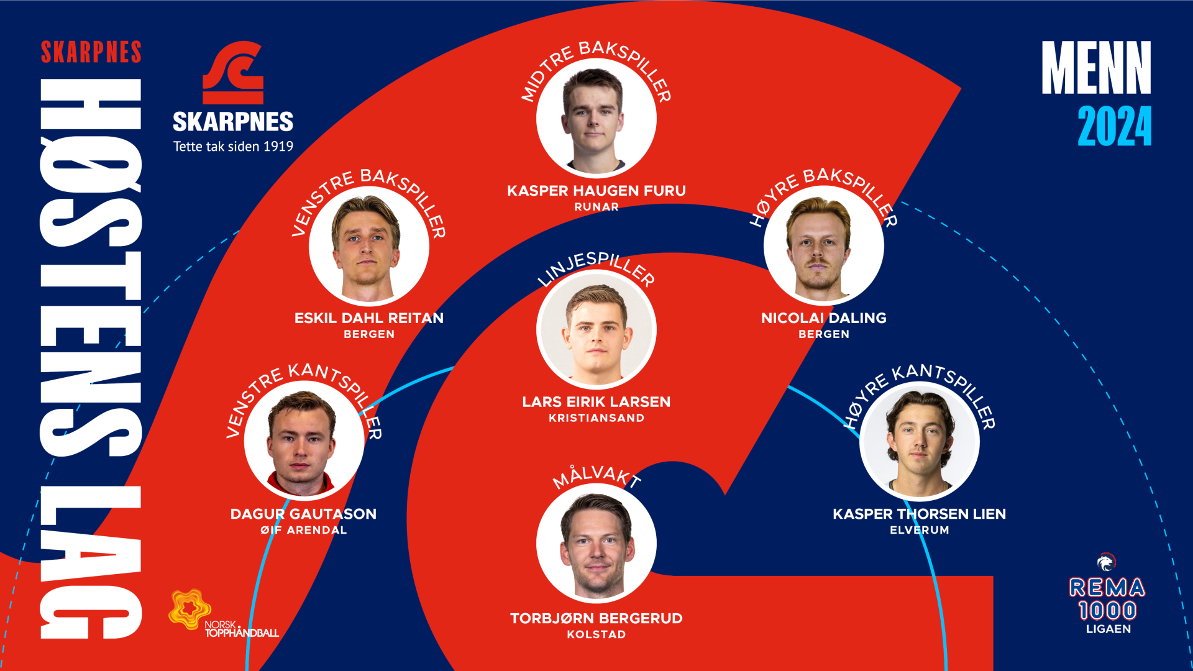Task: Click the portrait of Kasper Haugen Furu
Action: coord(596,118)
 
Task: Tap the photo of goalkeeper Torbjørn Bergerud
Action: coord(596,544)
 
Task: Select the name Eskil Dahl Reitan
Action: coord(369,318)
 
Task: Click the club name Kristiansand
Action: coord(596,418)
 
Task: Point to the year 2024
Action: coord(1114,127)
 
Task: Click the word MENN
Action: coord(1096,68)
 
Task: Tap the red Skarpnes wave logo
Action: coord(234,73)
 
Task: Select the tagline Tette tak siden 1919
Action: coord(233,147)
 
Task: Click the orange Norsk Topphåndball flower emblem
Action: coord(189,609)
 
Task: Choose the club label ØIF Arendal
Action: coord(304,530)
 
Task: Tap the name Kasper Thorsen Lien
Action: coord(919,514)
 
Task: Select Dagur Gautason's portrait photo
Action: coord(304,441)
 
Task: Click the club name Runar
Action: coord(596,207)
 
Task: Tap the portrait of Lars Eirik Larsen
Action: coord(596,329)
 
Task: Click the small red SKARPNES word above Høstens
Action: coord(91,53)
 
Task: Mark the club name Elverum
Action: coord(919,530)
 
